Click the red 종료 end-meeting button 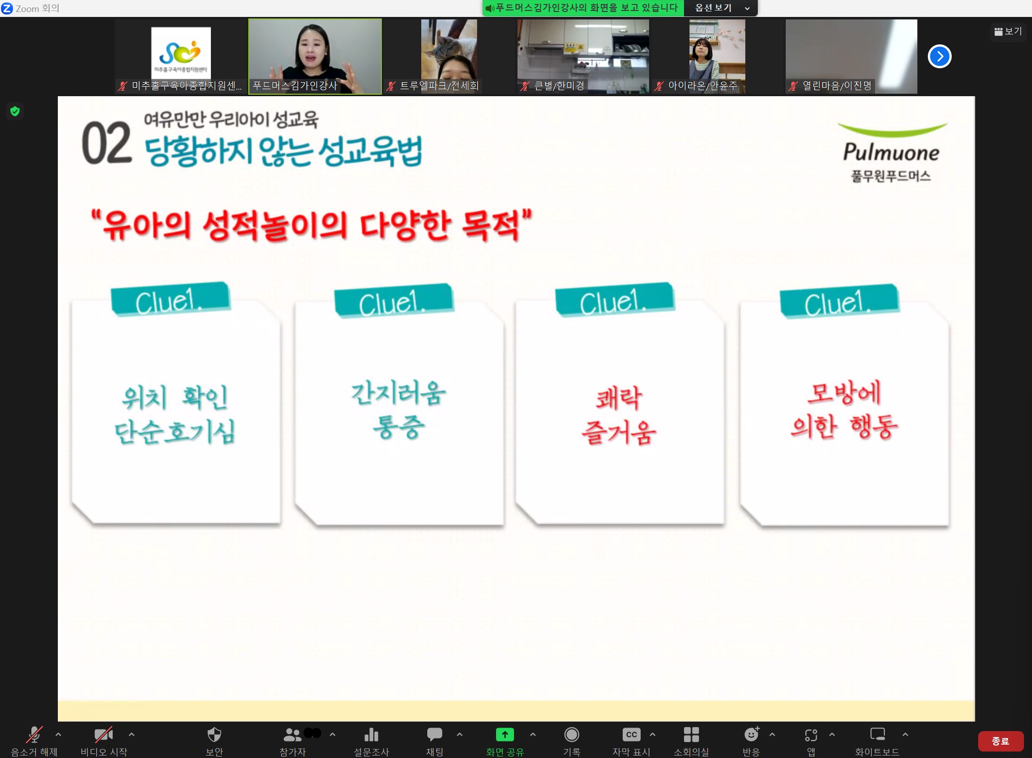click(x=1000, y=741)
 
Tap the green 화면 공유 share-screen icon click(x=505, y=734)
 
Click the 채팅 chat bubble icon click(x=434, y=734)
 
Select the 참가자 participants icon click(x=292, y=734)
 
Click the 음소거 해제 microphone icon click(x=34, y=734)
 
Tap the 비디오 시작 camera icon click(x=104, y=734)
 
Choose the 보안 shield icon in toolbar click(x=214, y=734)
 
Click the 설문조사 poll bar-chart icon click(x=371, y=735)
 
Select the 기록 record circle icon click(x=571, y=734)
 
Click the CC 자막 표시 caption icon click(x=631, y=734)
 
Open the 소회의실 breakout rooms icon click(x=691, y=734)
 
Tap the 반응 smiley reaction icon click(x=751, y=734)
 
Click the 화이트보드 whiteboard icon click(x=877, y=734)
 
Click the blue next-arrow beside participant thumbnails click(x=939, y=56)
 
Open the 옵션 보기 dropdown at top click(x=721, y=8)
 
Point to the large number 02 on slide click(x=107, y=144)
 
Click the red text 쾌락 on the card click(x=619, y=398)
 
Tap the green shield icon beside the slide click(x=15, y=111)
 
